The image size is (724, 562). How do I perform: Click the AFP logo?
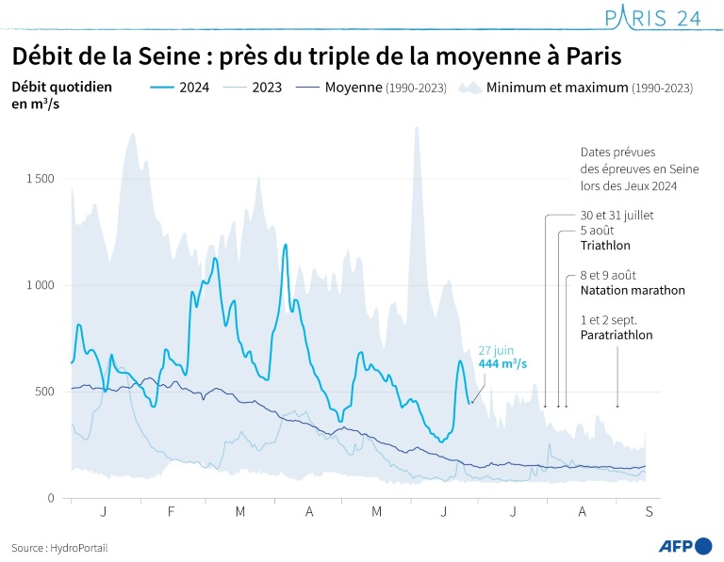click(684, 546)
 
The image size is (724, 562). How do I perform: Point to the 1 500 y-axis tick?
click(39, 179)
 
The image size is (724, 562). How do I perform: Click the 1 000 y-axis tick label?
click(39, 285)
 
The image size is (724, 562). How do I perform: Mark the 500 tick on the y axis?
click(44, 392)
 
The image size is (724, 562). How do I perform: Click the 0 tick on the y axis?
click(52, 498)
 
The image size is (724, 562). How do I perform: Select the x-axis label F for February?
click(172, 511)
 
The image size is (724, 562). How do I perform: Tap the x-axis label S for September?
click(648, 511)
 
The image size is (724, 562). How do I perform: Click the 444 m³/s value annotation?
click(502, 364)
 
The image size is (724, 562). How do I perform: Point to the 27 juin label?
click(497, 350)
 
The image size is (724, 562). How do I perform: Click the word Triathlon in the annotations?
click(605, 246)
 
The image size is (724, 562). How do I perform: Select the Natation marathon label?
click(632, 290)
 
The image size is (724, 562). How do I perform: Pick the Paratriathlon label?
click(617, 334)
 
